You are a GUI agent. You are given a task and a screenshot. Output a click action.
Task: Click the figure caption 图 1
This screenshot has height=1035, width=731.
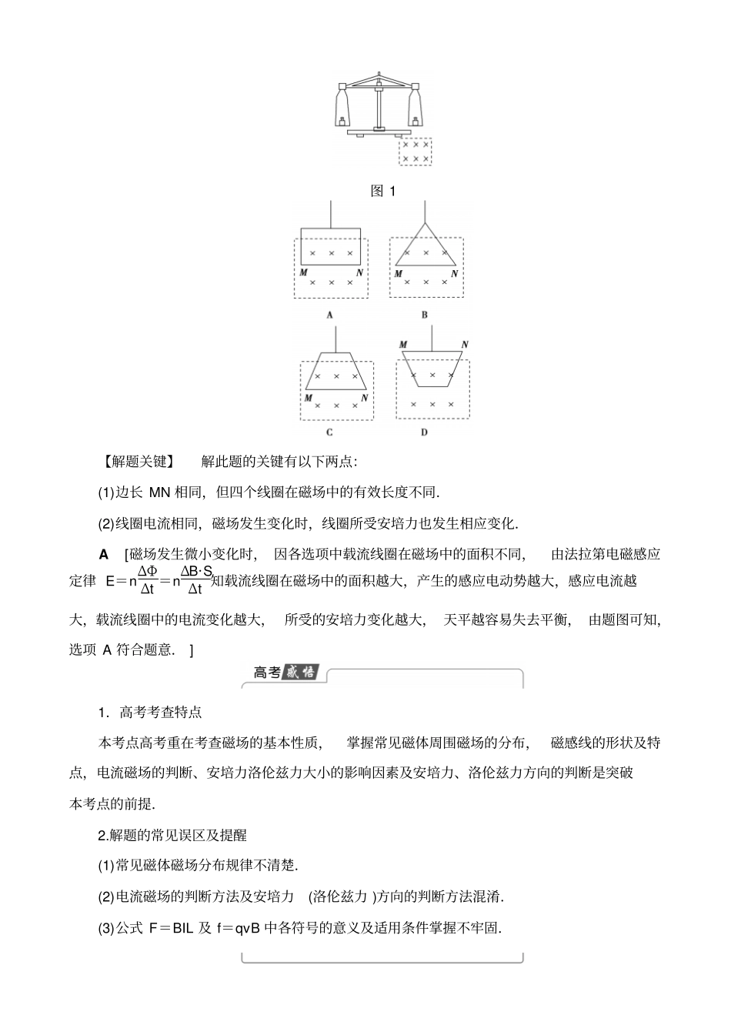click(x=382, y=191)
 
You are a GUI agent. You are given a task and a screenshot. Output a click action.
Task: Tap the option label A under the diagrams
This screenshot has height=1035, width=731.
click(x=329, y=315)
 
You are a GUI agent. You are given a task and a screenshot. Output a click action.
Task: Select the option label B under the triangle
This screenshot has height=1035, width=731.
click(x=425, y=315)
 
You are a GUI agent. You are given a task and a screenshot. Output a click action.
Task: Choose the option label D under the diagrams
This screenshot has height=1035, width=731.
click(x=424, y=432)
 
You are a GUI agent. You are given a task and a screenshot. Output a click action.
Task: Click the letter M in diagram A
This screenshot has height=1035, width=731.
click(x=304, y=273)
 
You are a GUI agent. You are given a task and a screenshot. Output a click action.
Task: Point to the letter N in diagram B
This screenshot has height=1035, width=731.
click(x=454, y=273)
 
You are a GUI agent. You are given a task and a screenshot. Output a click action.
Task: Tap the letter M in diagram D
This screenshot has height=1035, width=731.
click(x=403, y=345)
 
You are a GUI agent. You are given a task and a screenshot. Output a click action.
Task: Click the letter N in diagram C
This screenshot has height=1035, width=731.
click(x=364, y=398)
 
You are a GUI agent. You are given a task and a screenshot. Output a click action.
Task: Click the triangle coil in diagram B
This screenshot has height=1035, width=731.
click(x=426, y=246)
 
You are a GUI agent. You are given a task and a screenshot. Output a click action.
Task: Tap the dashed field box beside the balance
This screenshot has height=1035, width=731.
click(x=416, y=151)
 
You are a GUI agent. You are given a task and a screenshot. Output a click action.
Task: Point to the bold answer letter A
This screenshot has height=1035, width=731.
click(x=105, y=554)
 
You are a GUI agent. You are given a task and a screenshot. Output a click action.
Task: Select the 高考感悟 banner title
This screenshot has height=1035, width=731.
click(x=285, y=672)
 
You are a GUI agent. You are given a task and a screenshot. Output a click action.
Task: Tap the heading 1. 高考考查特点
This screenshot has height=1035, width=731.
click(x=150, y=713)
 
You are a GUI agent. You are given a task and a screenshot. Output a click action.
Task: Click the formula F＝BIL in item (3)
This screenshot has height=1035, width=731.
click(x=171, y=928)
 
